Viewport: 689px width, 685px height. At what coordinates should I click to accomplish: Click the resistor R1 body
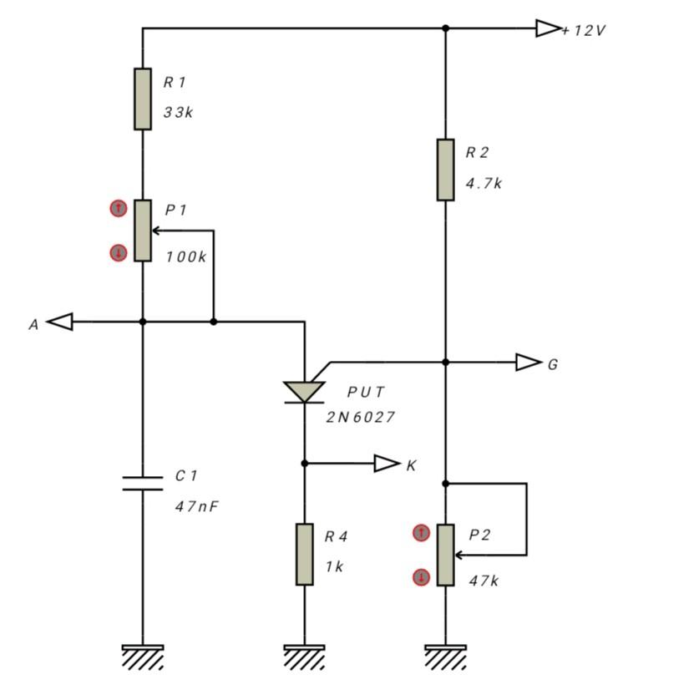click(x=143, y=99)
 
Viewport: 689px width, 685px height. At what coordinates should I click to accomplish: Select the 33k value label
click(x=178, y=113)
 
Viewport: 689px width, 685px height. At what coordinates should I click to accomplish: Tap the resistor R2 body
click(x=445, y=170)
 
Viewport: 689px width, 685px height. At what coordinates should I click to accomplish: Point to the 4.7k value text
click(x=484, y=184)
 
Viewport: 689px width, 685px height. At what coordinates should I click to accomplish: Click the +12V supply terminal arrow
click(x=548, y=28)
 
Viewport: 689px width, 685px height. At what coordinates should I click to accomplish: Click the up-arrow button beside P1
click(x=119, y=209)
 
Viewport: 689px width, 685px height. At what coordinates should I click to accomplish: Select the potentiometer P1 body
click(x=143, y=231)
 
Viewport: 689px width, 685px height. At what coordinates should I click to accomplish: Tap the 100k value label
click(x=185, y=257)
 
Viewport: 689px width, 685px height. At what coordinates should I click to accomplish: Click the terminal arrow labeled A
click(x=60, y=322)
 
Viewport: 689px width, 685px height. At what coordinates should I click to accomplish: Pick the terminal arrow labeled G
click(x=529, y=363)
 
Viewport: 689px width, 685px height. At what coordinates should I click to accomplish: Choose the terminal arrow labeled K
click(x=387, y=464)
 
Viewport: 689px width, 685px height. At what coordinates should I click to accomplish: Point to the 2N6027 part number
click(x=360, y=417)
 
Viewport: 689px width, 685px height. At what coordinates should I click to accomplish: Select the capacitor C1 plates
click(x=143, y=483)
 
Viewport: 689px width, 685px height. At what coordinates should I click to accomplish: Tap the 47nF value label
click(x=196, y=506)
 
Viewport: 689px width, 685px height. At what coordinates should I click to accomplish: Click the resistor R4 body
click(x=305, y=555)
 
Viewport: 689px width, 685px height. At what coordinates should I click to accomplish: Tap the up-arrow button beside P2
click(x=422, y=533)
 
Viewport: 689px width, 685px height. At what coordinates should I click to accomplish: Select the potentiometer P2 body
click(x=445, y=555)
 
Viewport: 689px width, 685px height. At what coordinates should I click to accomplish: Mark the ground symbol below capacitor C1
click(x=143, y=656)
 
